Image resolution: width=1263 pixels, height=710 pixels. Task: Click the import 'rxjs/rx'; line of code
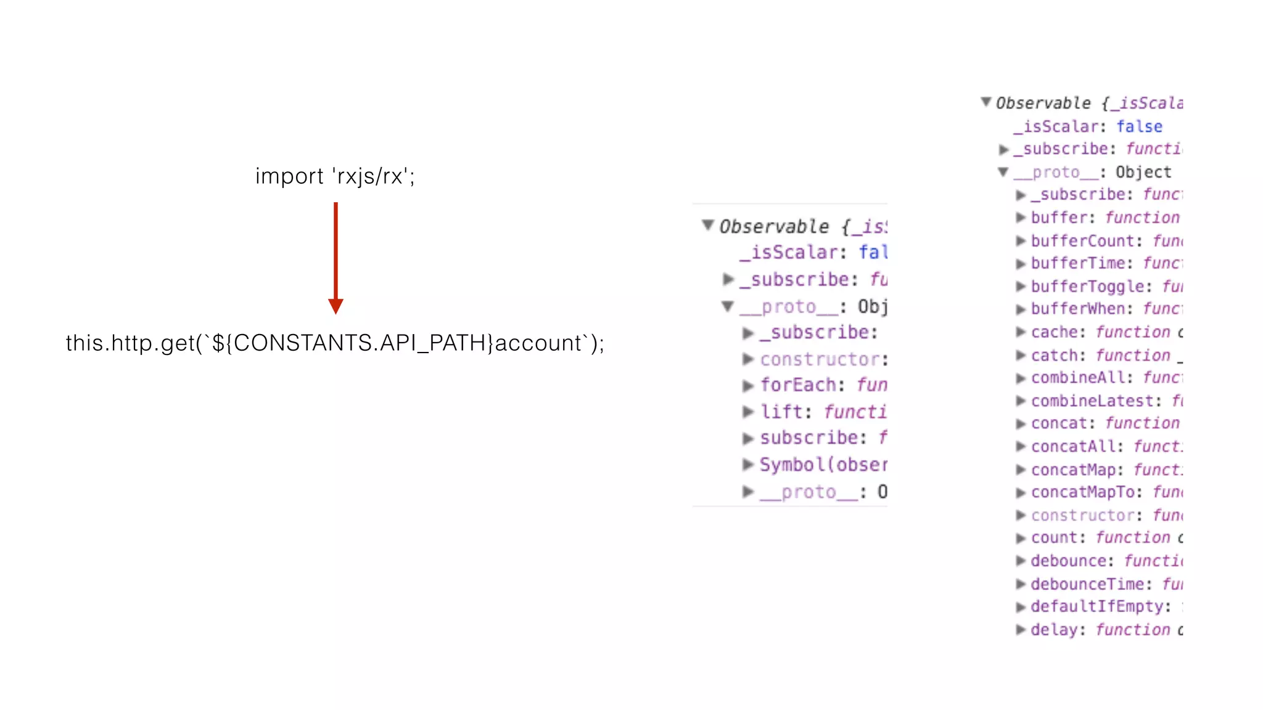(x=335, y=176)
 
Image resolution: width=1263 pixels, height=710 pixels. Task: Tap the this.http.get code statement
(x=335, y=343)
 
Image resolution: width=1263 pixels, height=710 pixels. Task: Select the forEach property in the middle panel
(x=798, y=385)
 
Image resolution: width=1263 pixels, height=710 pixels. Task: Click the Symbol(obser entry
(x=823, y=465)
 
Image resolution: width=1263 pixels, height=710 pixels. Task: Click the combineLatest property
(x=1092, y=401)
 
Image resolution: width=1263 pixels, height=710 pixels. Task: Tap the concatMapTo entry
(x=1082, y=492)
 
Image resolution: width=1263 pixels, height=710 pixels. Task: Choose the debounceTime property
(x=1087, y=584)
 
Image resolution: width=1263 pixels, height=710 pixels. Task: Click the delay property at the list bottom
(x=1054, y=630)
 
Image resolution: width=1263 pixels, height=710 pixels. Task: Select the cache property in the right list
(x=1054, y=332)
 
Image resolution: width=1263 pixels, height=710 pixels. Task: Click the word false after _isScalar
(x=1139, y=127)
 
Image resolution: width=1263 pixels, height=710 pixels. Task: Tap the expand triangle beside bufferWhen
(x=1021, y=309)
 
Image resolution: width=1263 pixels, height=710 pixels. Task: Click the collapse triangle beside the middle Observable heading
(x=708, y=226)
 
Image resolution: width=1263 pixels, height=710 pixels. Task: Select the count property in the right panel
(x=1054, y=538)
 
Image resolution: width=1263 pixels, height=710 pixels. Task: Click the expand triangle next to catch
(x=1021, y=356)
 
